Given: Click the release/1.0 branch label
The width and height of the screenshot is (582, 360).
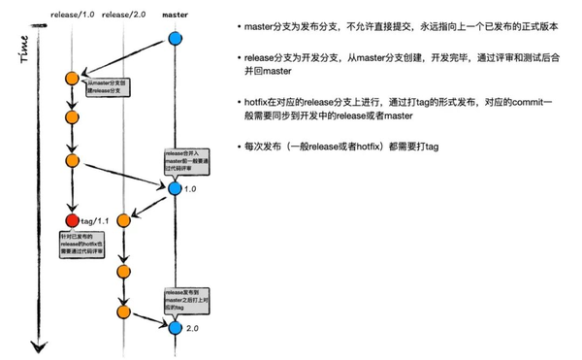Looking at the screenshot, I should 72,14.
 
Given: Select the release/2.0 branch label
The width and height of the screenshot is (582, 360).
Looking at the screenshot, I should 123,14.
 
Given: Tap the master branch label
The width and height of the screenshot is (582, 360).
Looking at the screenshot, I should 176,14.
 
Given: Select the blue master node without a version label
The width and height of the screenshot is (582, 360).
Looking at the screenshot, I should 176,39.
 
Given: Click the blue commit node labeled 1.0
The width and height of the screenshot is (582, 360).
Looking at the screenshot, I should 176,188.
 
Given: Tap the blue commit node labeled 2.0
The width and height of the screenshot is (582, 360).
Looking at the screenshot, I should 176,328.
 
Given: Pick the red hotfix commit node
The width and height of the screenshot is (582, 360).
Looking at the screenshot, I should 72,221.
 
